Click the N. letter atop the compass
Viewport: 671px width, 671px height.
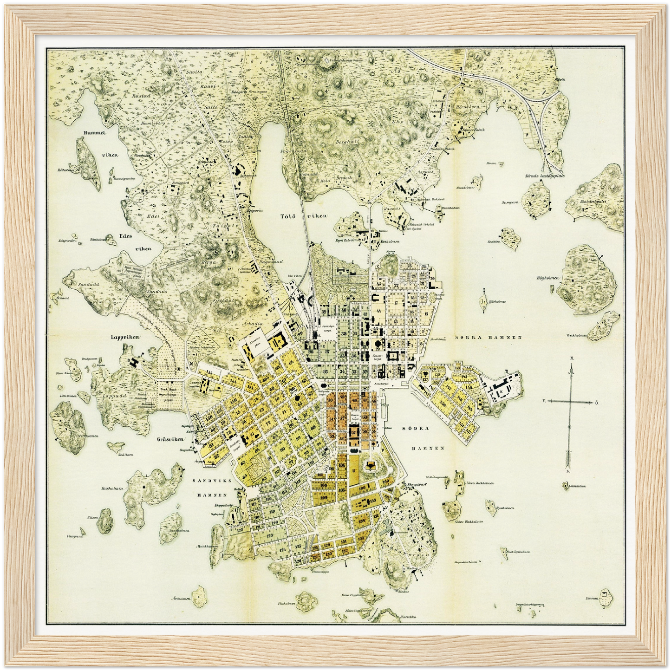573,358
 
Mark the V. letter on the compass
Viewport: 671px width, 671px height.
544,399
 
